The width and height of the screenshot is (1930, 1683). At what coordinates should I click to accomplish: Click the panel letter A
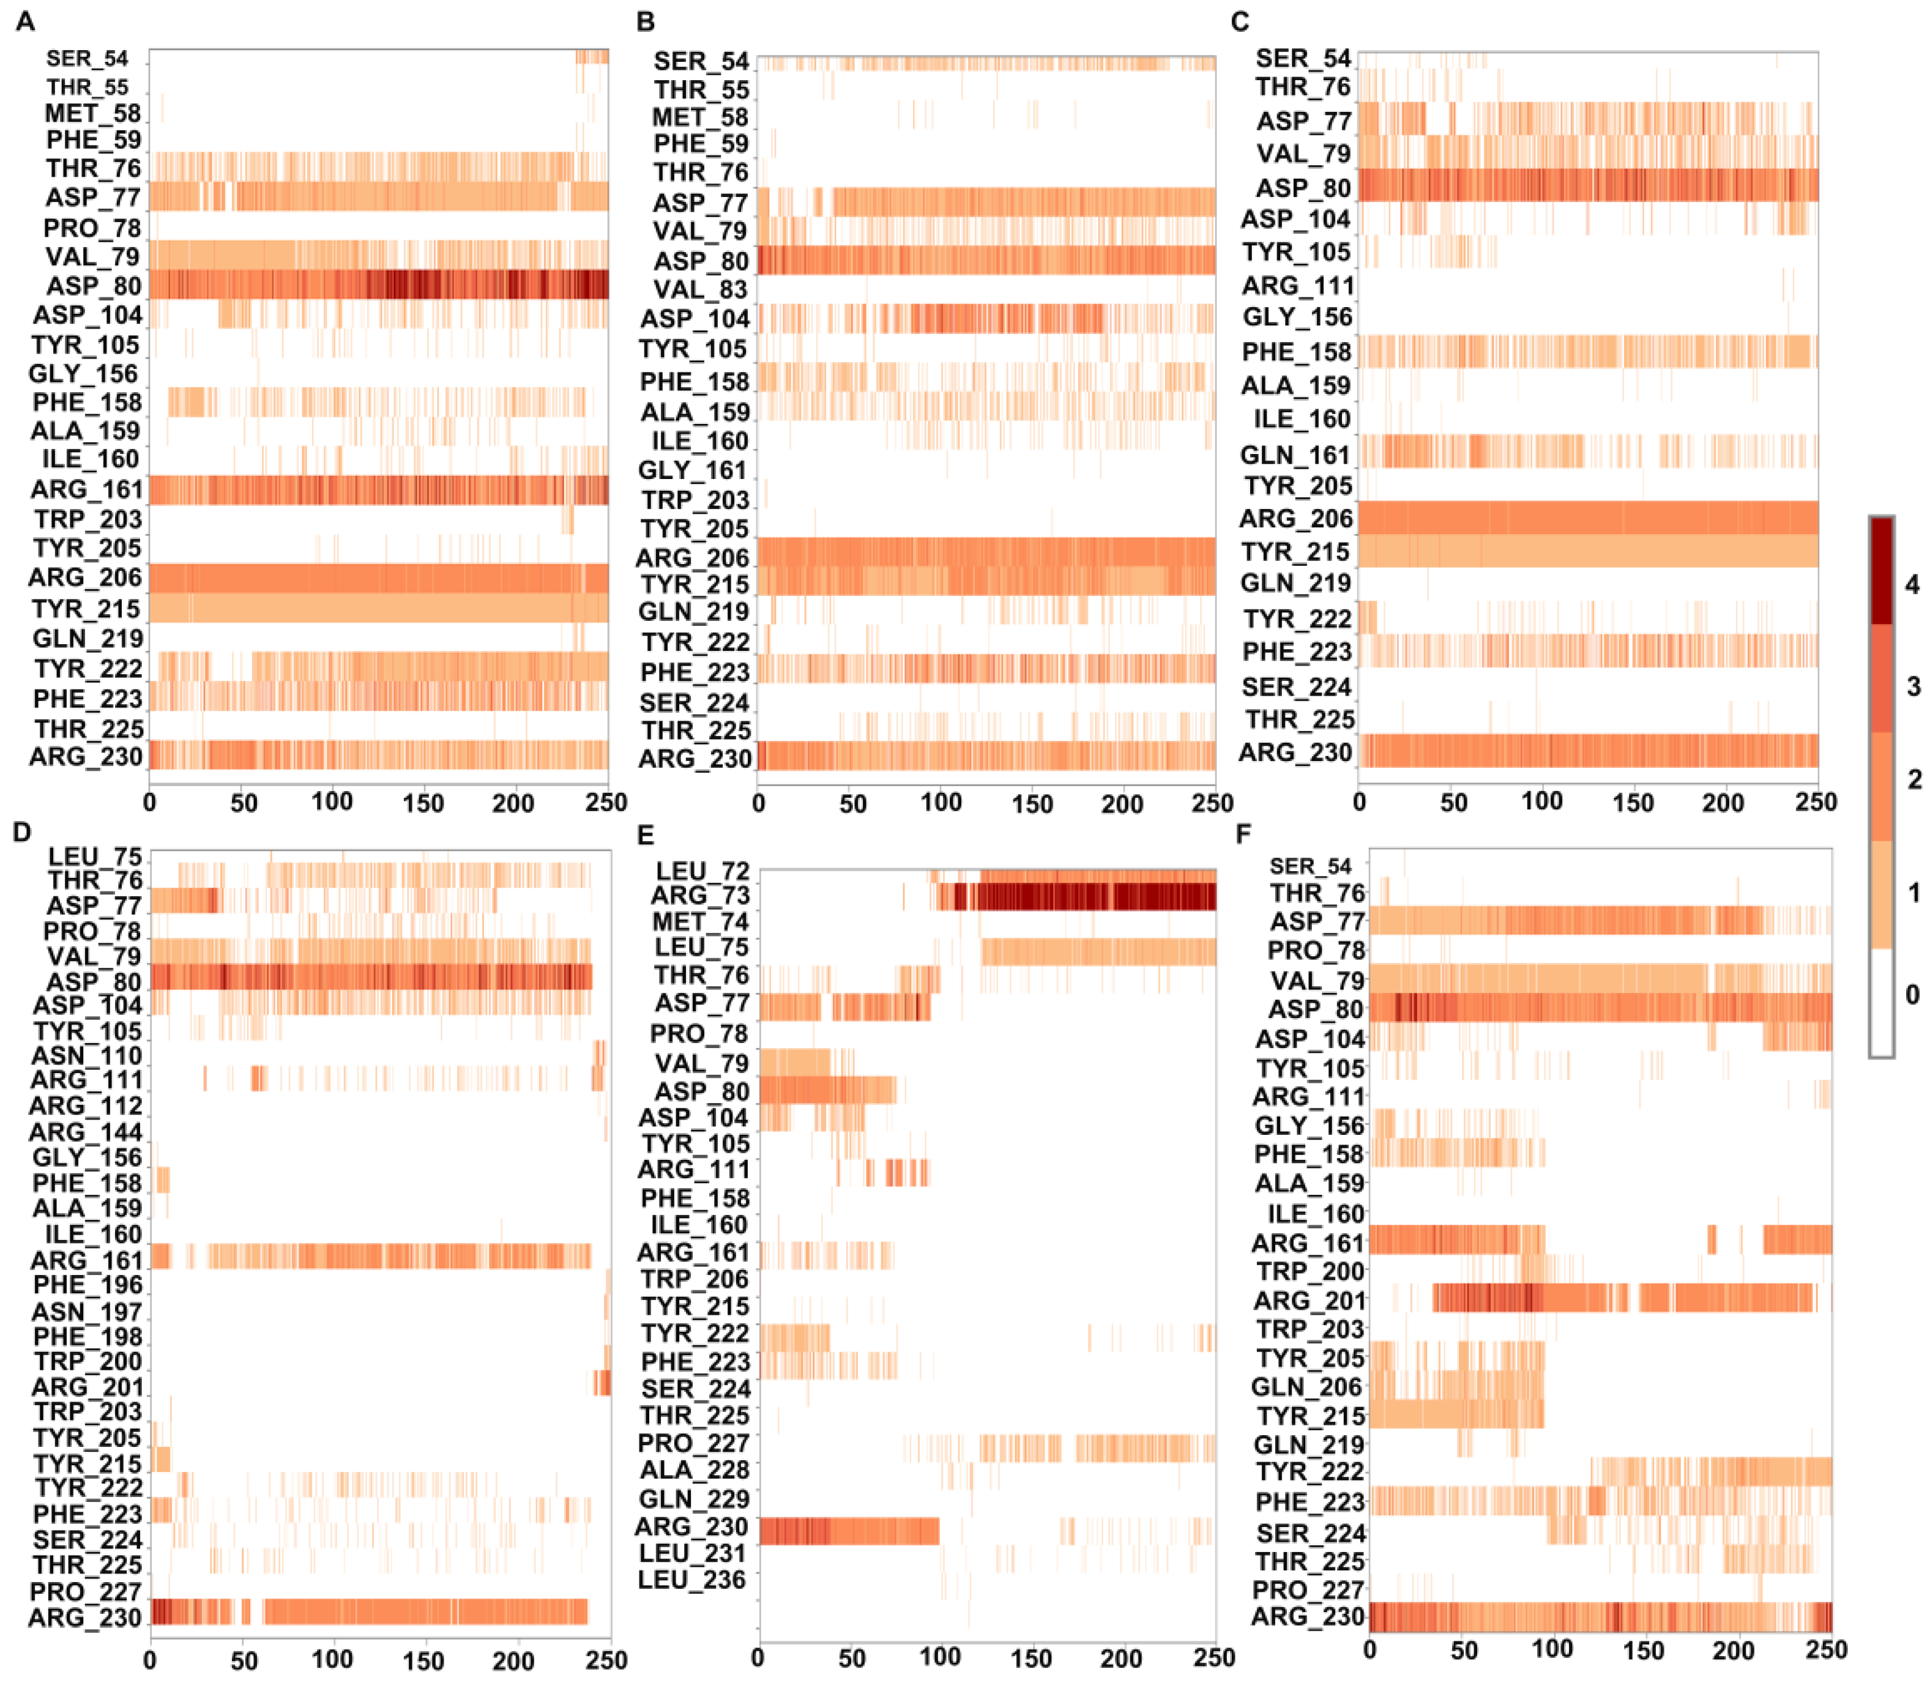25,21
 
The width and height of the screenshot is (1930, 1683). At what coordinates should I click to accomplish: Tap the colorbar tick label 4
1912,584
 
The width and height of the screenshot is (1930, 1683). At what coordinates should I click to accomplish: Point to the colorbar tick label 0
1912,994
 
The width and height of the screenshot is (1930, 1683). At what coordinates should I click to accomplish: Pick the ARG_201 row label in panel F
1310,1301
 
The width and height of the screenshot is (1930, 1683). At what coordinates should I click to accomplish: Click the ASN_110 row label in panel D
86,1056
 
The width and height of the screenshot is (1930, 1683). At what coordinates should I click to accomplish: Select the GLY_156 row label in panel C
1297,318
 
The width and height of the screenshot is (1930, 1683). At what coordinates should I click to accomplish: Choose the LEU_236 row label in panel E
691,1580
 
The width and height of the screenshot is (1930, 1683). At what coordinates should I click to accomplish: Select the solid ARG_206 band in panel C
1587,518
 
